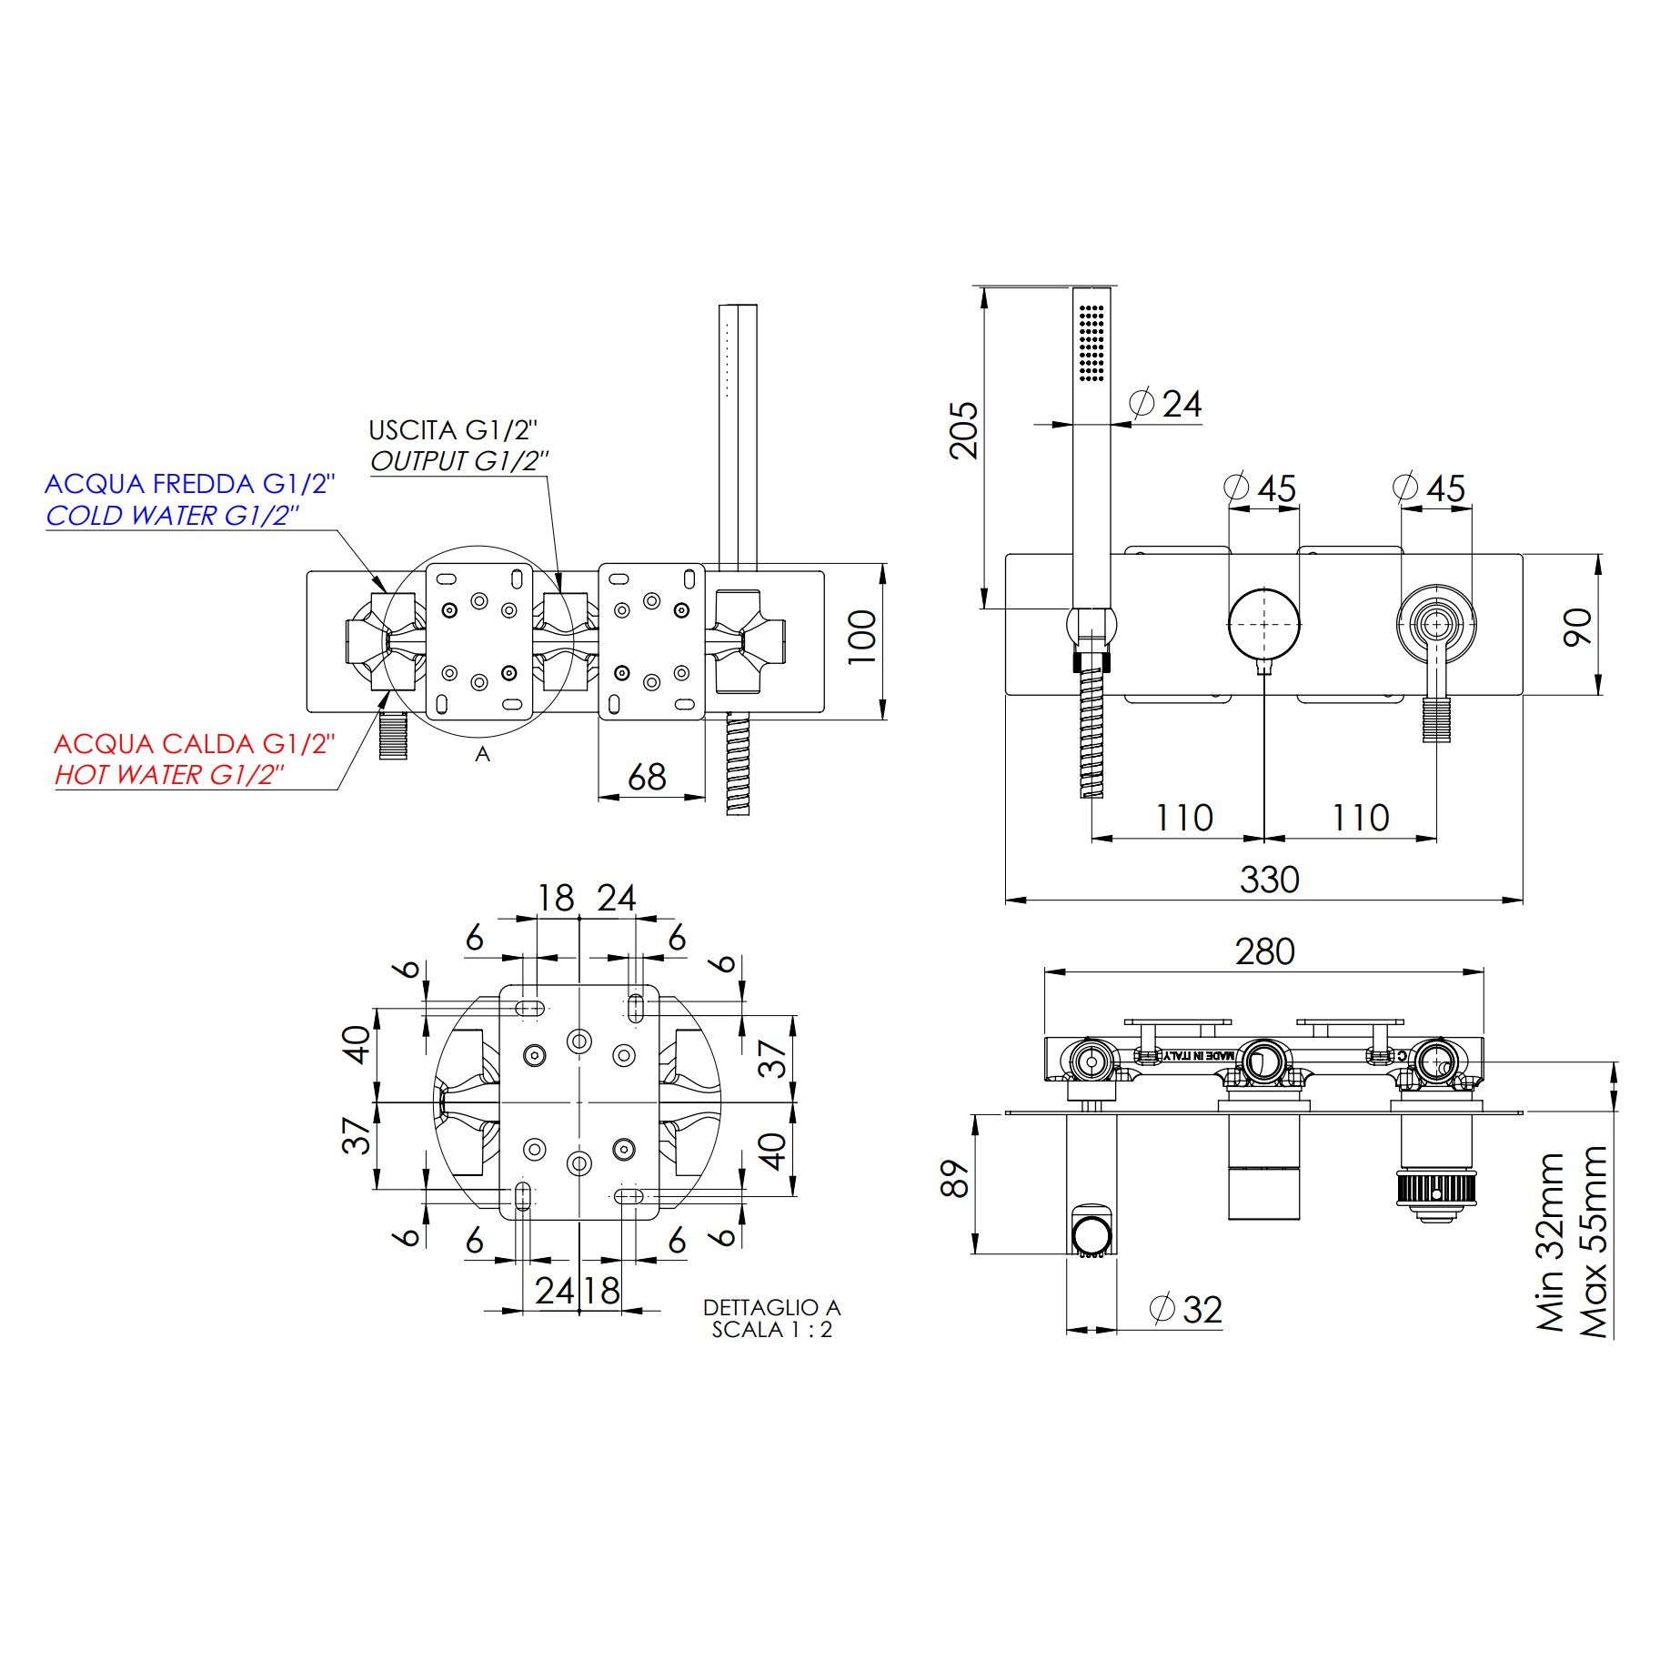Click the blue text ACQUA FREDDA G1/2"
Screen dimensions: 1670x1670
(x=189, y=484)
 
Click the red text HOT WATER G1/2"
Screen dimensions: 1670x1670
(x=169, y=775)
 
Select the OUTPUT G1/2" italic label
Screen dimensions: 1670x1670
(x=459, y=461)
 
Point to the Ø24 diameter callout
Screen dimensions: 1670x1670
(x=1167, y=404)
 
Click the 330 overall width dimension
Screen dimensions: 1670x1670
(x=1269, y=880)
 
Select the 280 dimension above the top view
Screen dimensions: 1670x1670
(x=1264, y=951)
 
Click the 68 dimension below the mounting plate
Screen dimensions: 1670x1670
(x=647, y=777)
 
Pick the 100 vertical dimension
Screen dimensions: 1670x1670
(x=862, y=638)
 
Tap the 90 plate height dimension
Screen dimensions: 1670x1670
(x=1578, y=628)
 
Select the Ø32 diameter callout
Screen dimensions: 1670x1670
(x=1187, y=1310)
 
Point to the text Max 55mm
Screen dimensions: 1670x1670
(x=1595, y=1242)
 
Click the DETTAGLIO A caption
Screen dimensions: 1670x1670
(x=771, y=1307)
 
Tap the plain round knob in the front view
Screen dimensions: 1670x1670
(x=1263, y=624)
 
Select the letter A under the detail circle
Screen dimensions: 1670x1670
(x=482, y=754)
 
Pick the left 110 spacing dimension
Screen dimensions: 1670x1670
(x=1183, y=817)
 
